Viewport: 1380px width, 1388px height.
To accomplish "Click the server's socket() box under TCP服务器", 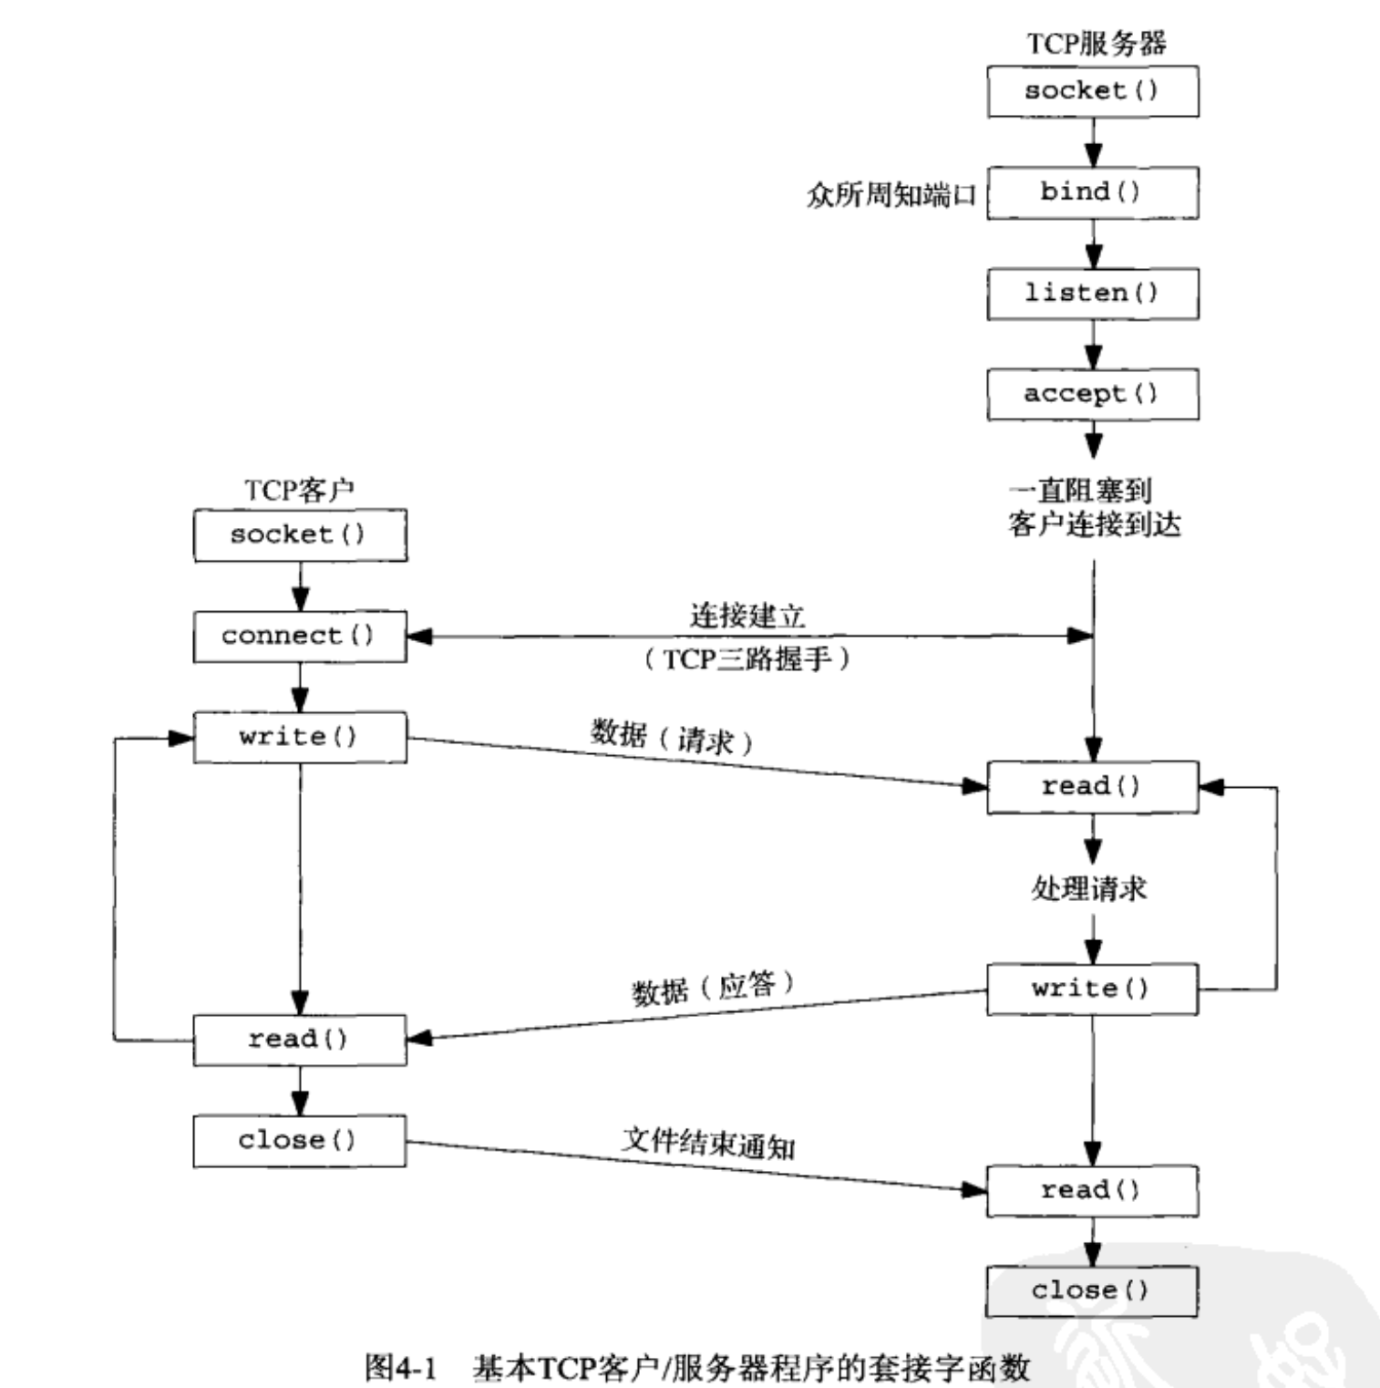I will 1092,91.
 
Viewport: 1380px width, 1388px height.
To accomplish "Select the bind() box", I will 1092,192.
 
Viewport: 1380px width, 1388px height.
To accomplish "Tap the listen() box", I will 1092,294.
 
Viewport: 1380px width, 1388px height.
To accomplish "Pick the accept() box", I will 1092,395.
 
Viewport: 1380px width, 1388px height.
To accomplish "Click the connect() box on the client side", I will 299,636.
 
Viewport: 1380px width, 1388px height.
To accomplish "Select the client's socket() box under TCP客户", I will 299,535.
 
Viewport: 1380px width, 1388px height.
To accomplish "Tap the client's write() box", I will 299,737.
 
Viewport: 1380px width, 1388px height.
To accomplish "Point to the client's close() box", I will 299,1141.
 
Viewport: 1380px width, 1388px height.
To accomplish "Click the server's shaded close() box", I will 1092,1291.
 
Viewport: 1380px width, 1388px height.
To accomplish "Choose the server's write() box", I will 1092,989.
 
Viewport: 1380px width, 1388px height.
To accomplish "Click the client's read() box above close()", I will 299,1040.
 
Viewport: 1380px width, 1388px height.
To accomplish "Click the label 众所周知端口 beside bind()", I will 891,195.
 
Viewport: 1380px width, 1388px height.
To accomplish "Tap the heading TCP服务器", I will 1097,43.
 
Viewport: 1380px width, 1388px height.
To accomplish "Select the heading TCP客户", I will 299,490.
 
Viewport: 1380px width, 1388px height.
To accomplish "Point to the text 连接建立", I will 747,616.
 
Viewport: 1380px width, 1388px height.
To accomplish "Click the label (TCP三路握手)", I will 747,658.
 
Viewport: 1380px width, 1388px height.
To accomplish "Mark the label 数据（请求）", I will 672,737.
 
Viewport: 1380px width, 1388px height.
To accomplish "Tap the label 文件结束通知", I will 708,1142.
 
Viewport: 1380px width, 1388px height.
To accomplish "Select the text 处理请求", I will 1089,887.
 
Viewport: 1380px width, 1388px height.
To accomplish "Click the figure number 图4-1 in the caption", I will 401,1367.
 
